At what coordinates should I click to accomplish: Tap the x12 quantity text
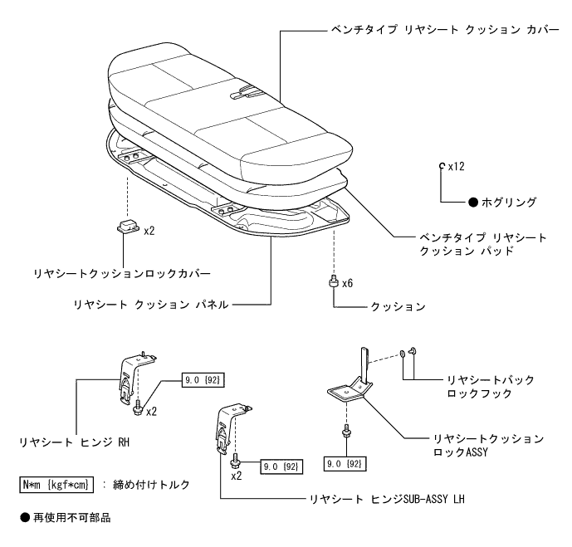(x=455, y=167)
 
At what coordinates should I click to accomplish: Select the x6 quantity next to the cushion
(x=348, y=284)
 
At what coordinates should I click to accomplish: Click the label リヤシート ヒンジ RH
(x=76, y=442)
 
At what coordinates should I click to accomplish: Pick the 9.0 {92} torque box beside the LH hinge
(x=282, y=467)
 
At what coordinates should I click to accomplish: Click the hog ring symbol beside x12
(x=442, y=167)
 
